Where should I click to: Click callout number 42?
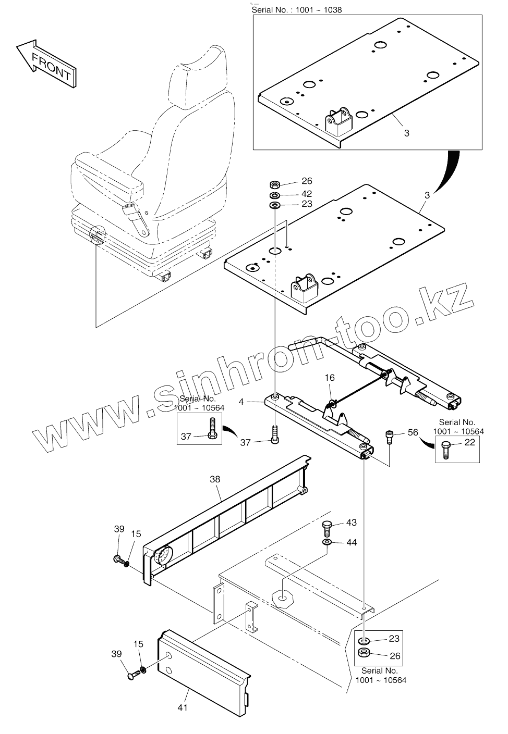pos(307,193)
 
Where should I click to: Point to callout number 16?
pos(330,378)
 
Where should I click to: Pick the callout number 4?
pos(241,402)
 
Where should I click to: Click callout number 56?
pos(413,432)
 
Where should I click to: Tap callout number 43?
pos(352,522)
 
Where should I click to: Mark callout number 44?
pos(352,543)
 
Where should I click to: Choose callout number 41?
pos(183,707)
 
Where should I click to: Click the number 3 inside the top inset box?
pos(407,133)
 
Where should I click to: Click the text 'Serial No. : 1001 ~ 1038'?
pos(297,10)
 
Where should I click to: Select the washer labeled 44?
pos(327,543)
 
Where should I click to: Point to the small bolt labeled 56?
pos(389,437)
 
